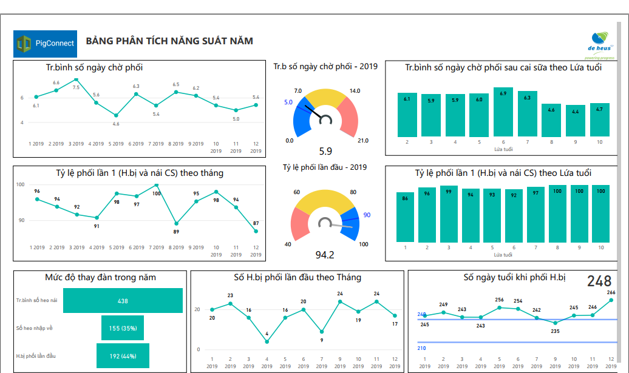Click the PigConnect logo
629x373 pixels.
pos(45,43)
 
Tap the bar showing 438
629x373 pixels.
pos(123,301)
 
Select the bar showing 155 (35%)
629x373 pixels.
pos(123,328)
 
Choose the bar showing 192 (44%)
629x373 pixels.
pos(123,356)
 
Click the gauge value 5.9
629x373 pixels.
pos(325,152)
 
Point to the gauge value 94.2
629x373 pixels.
pos(326,255)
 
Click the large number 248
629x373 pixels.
pos(599,281)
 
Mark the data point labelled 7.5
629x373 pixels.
pos(76,79)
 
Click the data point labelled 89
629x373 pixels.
pos(176,223)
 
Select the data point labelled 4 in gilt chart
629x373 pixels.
pos(267,341)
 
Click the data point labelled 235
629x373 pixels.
pos(555,323)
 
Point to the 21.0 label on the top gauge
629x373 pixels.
pos(362,141)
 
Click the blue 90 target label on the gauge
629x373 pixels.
pos(367,215)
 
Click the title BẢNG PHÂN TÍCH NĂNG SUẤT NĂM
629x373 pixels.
pos(169,41)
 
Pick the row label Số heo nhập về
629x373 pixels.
pos(35,328)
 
